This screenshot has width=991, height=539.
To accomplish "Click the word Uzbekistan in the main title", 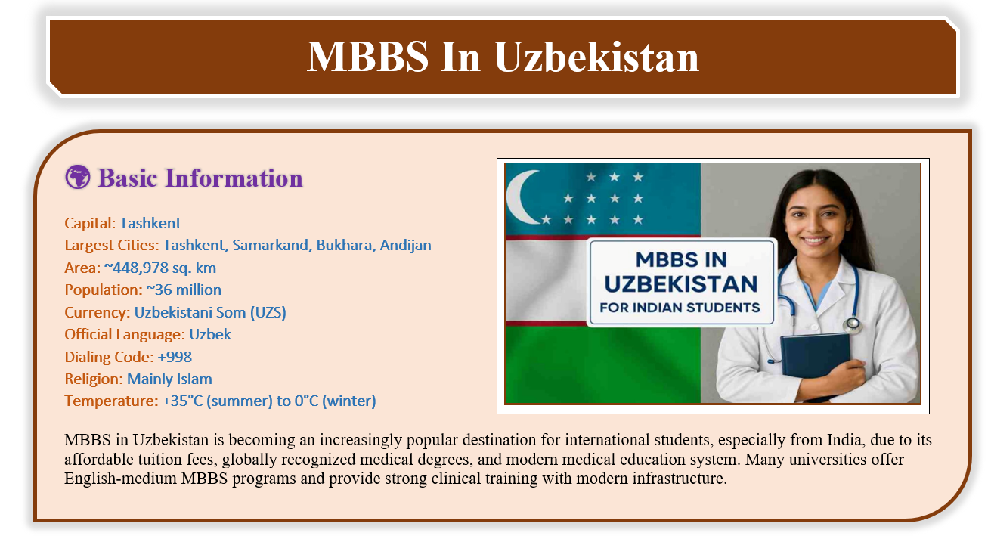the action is [596, 57].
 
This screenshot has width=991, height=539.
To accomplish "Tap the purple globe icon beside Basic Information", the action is [78, 177].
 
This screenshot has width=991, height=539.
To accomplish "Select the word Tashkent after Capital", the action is [150, 223].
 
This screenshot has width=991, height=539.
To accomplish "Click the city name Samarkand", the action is [271, 245].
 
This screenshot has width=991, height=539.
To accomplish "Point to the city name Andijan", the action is [405, 245].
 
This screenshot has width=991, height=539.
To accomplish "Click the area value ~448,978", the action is [136, 268].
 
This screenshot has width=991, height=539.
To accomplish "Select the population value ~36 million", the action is [184, 290].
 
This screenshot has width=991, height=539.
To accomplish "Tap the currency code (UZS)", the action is [268, 312].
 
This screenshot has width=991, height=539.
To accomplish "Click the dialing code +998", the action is [175, 357].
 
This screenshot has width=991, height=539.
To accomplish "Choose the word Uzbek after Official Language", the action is [210, 335].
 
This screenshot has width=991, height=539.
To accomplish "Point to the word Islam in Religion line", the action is [194, 379].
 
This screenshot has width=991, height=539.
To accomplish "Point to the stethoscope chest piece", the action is [852, 325].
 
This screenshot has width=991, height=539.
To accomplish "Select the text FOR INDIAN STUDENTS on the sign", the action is [680, 308].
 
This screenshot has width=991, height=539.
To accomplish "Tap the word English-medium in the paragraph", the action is [120, 479].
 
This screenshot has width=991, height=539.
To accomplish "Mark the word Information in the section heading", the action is [234, 178].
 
